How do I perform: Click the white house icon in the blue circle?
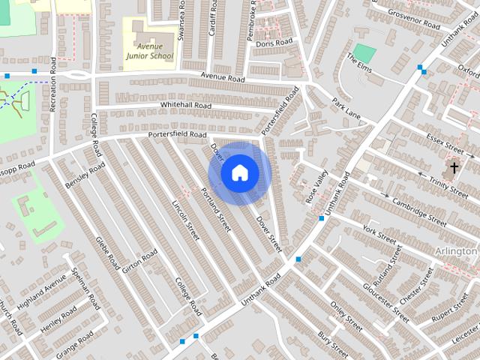click(x=239, y=173)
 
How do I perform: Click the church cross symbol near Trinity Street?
click(x=454, y=166)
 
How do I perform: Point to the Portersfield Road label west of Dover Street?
click(x=177, y=134)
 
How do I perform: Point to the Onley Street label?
click(x=346, y=318)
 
